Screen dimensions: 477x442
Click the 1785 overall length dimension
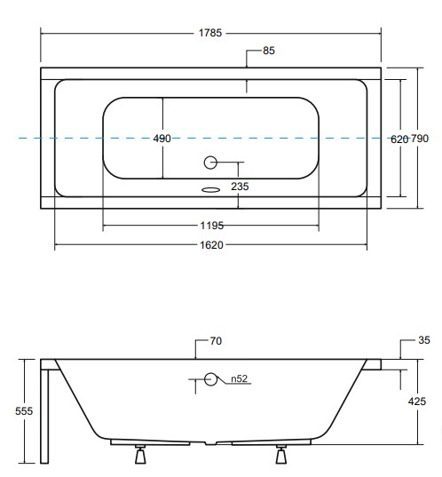pyautogui.click(x=211, y=33)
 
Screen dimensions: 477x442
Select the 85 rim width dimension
pyautogui.click(x=269, y=51)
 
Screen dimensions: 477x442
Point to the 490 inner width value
pyautogui.click(x=162, y=139)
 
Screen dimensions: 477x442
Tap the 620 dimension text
pyautogui.click(x=399, y=139)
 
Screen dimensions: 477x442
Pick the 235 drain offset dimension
pyautogui.click(x=240, y=186)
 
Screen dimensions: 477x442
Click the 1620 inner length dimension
pyautogui.click(x=211, y=245)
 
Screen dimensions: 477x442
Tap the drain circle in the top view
pyautogui.click(x=211, y=163)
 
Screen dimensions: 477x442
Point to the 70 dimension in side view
pyautogui.click(x=216, y=340)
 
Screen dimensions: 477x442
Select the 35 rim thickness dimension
pyautogui.click(x=423, y=340)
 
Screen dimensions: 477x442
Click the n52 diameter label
pyautogui.click(x=239, y=379)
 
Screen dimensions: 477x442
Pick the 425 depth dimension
pyautogui.click(x=427, y=401)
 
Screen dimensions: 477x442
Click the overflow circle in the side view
pyautogui.click(x=211, y=379)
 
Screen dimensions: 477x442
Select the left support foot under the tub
pyautogui.click(x=138, y=456)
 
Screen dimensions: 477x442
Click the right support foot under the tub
pyautogui.click(x=282, y=456)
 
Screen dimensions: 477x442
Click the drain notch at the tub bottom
pyautogui.click(x=211, y=441)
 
